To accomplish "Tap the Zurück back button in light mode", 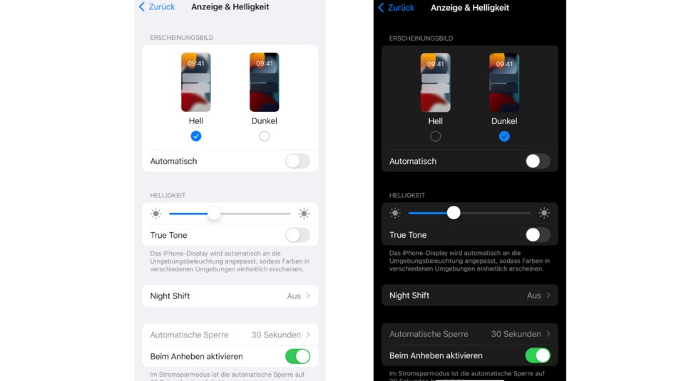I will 157,7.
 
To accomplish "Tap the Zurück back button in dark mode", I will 396,8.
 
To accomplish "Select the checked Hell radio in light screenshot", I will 196,136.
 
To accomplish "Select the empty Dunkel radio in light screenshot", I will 265,136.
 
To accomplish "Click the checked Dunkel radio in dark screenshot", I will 504,136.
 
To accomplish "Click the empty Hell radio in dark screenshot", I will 436,136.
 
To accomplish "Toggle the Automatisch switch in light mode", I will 297,161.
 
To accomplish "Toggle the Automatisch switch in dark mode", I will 538,161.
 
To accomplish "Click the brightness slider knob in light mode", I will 214,214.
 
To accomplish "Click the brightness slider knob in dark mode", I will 454,213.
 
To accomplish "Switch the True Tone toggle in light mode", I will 297,235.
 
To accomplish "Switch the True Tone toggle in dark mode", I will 538,235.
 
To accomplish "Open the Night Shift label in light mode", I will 170,296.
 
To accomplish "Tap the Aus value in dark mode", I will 534,296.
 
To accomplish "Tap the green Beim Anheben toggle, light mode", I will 297,356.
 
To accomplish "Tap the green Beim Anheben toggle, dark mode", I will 538,355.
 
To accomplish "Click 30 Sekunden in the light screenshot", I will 276,335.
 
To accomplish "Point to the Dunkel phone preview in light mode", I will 265,82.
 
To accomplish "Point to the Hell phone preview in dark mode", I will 436,83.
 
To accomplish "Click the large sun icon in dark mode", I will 544,213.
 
